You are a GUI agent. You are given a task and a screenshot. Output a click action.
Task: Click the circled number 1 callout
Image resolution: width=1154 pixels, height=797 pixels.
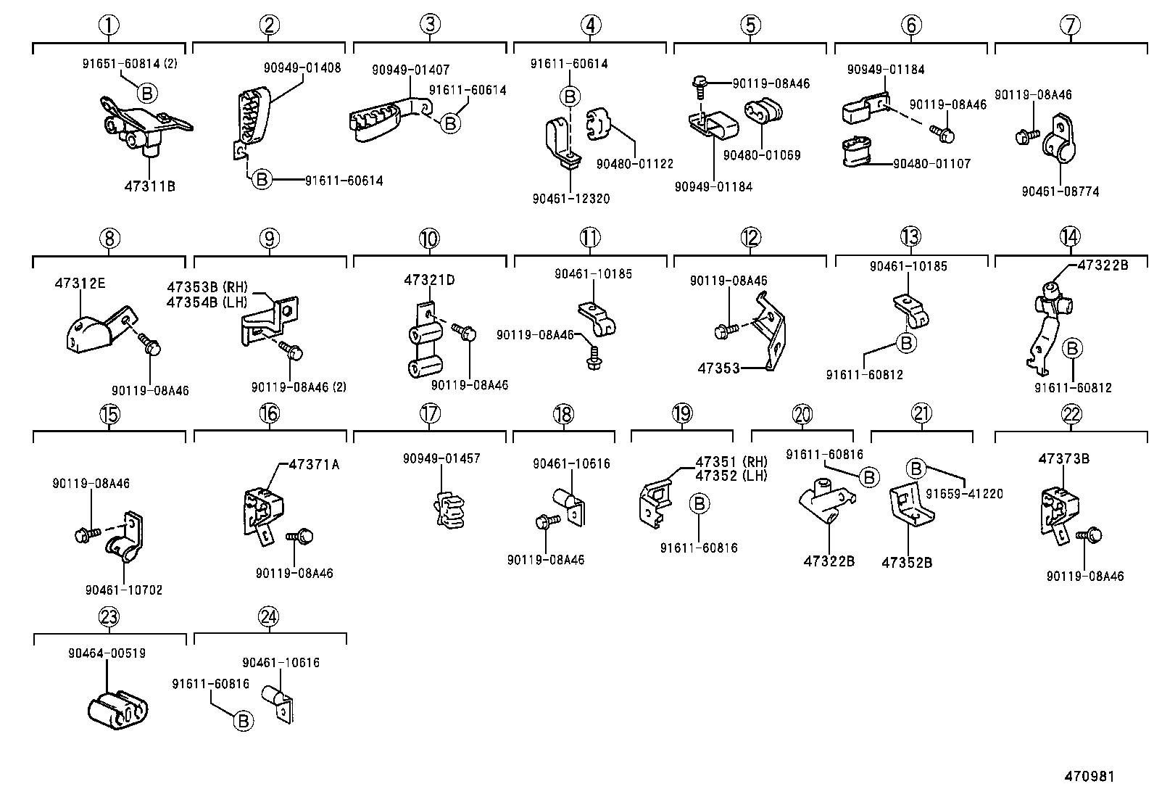[109, 25]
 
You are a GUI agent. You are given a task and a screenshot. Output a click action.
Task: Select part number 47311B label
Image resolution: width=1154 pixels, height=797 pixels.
[150, 186]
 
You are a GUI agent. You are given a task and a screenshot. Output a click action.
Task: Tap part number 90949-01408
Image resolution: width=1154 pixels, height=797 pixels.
[302, 68]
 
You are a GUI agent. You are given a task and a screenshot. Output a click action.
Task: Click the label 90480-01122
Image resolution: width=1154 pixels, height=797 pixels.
[635, 165]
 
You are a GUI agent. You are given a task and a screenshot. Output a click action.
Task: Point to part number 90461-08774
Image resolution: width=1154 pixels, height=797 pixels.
[1060, 192]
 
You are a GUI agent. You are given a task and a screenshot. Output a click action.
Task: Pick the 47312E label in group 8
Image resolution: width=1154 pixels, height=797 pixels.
[80, 284]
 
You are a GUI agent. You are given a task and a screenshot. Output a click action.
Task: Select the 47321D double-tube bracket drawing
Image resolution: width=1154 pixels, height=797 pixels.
[426, 345]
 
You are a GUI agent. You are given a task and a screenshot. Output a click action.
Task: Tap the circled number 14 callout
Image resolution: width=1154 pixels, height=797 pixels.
[1069, 237]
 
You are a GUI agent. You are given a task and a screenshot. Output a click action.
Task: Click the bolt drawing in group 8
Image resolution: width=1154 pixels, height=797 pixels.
[149, 344]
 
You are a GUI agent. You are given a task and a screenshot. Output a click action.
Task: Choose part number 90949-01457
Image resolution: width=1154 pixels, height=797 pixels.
[441, 459]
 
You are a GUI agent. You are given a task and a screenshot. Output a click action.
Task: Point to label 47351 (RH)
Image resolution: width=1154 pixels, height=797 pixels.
[731, 463]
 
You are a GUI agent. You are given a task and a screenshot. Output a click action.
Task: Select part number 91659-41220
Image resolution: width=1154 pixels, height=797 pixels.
[967, 494]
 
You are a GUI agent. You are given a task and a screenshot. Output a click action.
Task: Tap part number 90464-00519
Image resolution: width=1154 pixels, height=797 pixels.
[109, 653]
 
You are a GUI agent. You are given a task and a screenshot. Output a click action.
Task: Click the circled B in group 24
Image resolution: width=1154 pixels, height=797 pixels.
[244, 721]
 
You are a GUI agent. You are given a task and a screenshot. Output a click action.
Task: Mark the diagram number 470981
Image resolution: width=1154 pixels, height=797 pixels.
[1089, 777]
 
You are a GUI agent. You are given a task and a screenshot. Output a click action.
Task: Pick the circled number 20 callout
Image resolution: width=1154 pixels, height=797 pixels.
[802, 415]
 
